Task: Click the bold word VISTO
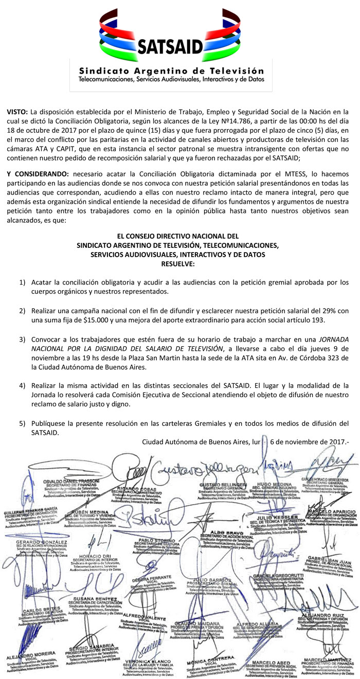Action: click(17, 112)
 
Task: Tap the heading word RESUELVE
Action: click(178, 263)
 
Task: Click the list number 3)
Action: click(22, 340)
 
